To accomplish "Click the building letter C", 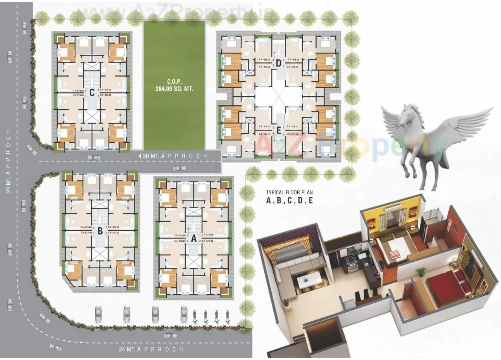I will [92, 93].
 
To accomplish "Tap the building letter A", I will [193, 238].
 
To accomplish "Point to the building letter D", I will [278, 63].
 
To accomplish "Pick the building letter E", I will [278, 131].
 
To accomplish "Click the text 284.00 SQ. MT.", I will [174, 89].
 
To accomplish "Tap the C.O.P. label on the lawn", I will [173, 82].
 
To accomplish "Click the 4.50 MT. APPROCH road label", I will [173, 156].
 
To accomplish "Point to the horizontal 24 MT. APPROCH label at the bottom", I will [151, 349].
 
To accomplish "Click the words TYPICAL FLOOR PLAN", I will [289, 193].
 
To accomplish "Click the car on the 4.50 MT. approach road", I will [179, 168].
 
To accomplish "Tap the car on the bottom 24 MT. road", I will [170, 335].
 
